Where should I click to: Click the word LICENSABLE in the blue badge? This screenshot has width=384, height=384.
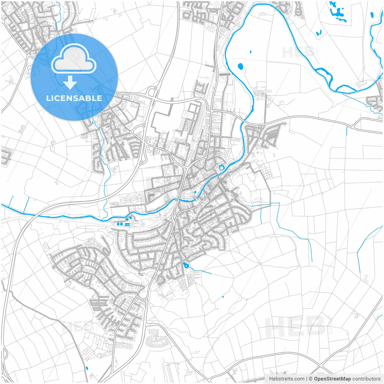pos(74,98)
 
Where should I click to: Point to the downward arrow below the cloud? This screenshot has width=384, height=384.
pos(70,82)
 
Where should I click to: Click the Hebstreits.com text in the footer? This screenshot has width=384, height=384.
pos(286,379)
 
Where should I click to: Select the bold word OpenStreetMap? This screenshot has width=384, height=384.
pos(332,379)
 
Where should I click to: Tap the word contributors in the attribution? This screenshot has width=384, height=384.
pos(366,379)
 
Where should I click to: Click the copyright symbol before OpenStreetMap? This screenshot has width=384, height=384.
pos(311,379)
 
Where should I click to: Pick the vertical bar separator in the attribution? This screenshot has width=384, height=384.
pos(306,379)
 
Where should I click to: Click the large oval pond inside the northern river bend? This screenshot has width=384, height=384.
pos(240,66)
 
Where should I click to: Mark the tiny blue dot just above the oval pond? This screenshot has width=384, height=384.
pos(250,52)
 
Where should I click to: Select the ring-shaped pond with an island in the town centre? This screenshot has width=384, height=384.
pos(221,168)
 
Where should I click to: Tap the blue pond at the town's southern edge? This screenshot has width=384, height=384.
pos(186,265)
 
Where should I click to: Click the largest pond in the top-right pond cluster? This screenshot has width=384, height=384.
pos(338,13)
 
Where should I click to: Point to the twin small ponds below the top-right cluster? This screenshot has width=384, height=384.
pos(318,33)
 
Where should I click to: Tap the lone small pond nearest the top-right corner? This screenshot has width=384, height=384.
pos(372,14)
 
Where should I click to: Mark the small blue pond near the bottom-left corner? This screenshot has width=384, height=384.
pos(87,368)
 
